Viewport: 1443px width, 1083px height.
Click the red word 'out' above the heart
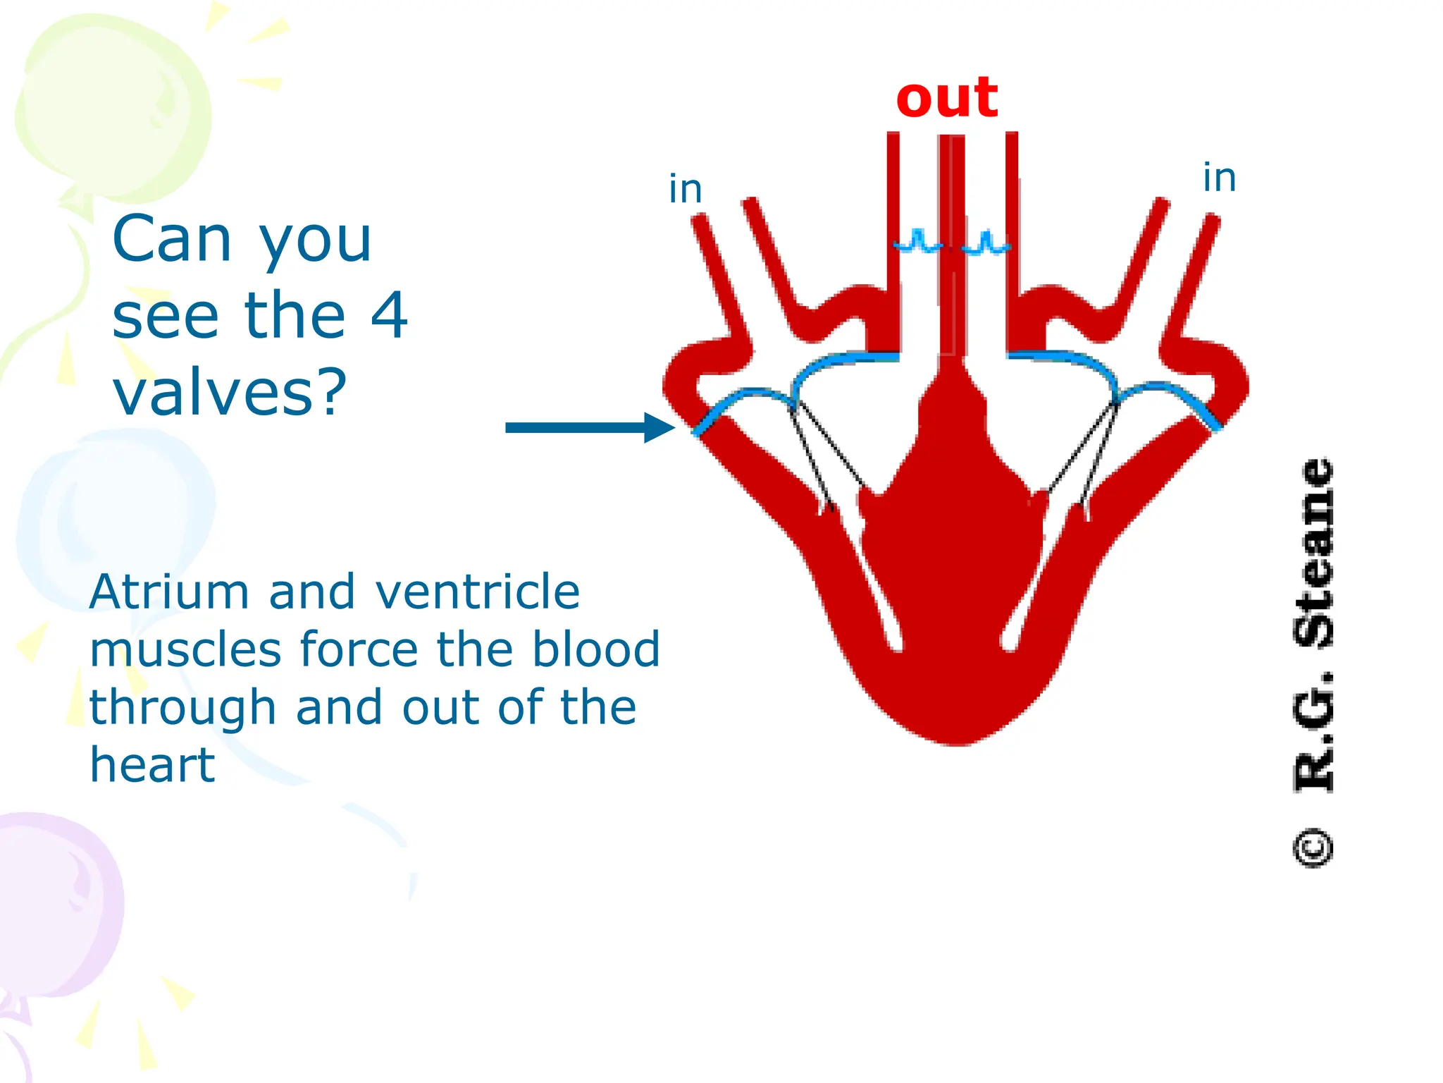pyautogui.click(x=946, y=99)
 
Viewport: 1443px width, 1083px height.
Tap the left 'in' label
pyautogui.click(x=685, y=190)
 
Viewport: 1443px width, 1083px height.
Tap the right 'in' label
pyautogui.click(x=1219, y=178)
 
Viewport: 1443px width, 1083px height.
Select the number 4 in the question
pyautogui.click(x=389, y=314)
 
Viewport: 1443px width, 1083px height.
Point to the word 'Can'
pyautogui.click(x=172, y=240)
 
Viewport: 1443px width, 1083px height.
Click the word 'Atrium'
pyautogui.click(x=169, y=592)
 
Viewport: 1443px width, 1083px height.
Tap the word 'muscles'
pyautogui.click(x=185, y=649)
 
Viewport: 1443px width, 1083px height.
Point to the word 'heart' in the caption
pyautogui.click(x=152, y=765)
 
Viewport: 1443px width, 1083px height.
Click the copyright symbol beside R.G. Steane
pyautogui.click(x=1313, y=848)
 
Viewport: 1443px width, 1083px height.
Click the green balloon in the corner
pyautogui.click(x=113, y=106)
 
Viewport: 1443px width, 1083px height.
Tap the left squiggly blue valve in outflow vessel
pyautogui.click(x=918, y=243)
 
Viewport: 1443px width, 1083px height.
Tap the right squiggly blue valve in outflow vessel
pyautogui.click(x=986, y=244)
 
